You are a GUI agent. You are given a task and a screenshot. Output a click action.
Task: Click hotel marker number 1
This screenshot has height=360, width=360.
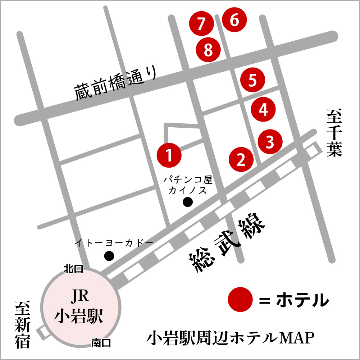click(x=169, y=155)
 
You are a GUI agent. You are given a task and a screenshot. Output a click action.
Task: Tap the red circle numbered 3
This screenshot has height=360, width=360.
click(x=270, y=142)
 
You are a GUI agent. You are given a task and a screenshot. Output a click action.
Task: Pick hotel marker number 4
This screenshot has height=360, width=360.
click(x=263, y=109)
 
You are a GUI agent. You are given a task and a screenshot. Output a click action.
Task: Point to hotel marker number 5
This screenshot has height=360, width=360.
click(x=252, y=80)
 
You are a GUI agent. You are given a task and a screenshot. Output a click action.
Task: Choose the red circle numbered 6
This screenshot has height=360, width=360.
click(x=234, y=20)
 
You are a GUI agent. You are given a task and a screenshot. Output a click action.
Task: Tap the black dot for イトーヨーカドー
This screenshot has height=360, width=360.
click(x=109, y=256)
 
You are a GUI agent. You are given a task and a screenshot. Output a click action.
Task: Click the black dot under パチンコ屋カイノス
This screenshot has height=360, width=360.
click(x=188, y=202)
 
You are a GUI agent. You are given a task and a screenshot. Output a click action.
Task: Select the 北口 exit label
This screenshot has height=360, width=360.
click(x=73, y=268)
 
